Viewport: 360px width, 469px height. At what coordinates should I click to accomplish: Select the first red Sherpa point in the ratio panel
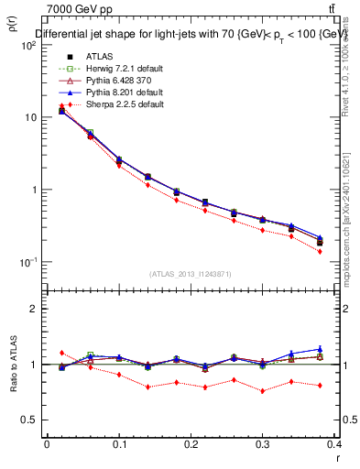pyautogui.click(x=61, y=353)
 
